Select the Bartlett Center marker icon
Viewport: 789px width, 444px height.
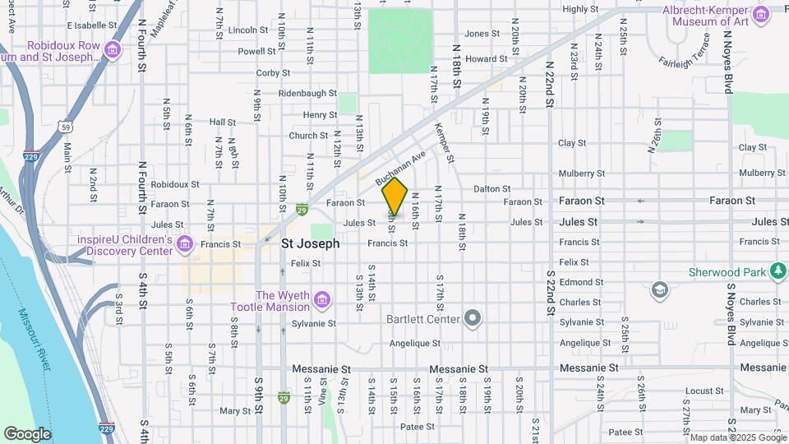point(473,317)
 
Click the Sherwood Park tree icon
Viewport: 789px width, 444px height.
point(777,271)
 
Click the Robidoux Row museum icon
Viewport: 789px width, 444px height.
point(113,50)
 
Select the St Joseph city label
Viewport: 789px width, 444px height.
point(310,244)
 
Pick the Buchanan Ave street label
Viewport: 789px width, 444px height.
point(401,167)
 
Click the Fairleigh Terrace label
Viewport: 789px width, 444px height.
point(683,51)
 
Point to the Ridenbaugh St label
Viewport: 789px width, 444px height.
point(308,94)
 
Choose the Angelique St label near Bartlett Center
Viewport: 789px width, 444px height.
point(415,343)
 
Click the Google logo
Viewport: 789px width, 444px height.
point(26,433)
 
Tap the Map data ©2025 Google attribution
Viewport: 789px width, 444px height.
point(737,437)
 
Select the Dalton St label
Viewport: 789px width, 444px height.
point(491,189)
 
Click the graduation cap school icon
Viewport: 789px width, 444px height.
point(660,289)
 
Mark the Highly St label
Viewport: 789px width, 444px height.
point(581,9)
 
